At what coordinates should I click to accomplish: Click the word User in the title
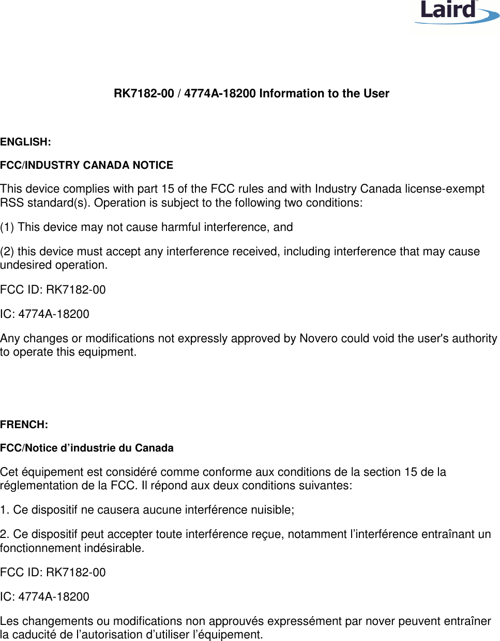376,94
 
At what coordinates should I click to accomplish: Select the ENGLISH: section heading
25,142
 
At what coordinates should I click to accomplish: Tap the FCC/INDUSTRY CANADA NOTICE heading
86,165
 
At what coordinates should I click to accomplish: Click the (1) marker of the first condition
7,227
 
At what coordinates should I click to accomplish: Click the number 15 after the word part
168,189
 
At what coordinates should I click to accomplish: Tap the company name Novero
319,339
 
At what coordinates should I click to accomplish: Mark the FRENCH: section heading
24,425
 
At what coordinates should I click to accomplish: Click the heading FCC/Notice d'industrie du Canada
86,448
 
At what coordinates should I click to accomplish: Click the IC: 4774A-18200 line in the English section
44,314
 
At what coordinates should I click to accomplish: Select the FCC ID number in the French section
75,573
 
